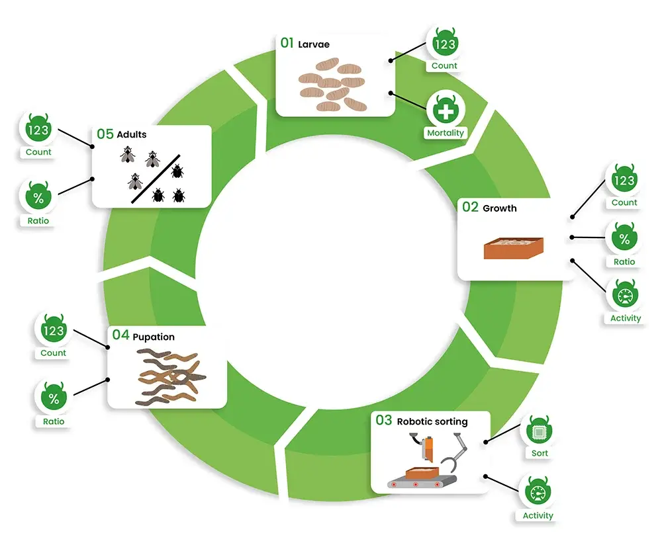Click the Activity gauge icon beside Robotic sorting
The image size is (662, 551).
pyautogui.click(x=538, y=493)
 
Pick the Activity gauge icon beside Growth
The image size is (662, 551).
pyautogui.click(x=625, y=295)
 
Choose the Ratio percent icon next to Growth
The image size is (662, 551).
pyautogui.click(x=624, y=239)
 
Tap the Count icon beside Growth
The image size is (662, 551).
pyautogui.click(x=624, y=180)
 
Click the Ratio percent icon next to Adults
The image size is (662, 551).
pyautogui.click(x=38, y=196)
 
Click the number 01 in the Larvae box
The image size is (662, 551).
pyautogui.click(x=287, y=44)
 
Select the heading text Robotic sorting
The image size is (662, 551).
pyautogui.click(x=432, y=421)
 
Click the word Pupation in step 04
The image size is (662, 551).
pyautogui.click(x=154, y=337)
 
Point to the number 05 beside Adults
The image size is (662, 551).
pyautogui.click(x=105, y=134)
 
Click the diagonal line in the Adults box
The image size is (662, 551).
pyautogui.click(x=156, y=179)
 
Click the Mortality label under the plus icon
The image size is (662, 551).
pyautogui.click(x=446, y=133)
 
